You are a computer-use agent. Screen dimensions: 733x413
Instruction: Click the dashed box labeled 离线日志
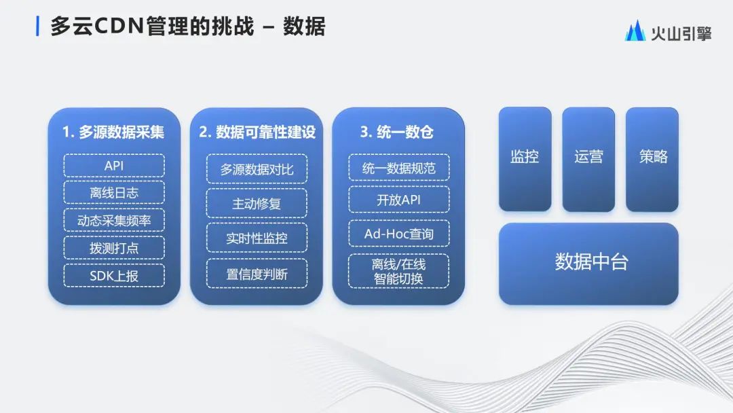click(x=114, y=193)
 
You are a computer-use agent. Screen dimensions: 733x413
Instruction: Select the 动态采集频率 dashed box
click(x=114, y=220)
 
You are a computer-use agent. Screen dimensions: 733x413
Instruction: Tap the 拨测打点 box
click(x=114, y=248)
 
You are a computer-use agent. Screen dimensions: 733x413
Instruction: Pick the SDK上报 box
click(x=114, y=276)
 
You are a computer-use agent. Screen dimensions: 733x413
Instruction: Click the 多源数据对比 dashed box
click(x=257, y=169)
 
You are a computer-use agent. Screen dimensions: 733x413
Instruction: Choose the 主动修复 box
click(x=257, y=204)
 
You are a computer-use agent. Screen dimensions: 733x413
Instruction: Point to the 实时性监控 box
click(x=257, y=238)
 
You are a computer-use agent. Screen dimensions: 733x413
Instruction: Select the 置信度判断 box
click(x=257, y=274)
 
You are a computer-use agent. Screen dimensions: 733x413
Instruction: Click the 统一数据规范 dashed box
click(x=399, y=168)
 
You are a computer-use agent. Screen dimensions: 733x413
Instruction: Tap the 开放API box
click(x=399, y=200)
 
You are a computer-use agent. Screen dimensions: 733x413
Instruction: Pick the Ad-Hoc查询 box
click(x=399, y=234)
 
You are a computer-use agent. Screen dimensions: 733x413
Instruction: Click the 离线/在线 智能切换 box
click(x=399, y=271)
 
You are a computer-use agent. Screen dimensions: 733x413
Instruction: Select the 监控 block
click(x=525, y=159)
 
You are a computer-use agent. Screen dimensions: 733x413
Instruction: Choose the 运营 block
click(x=588, y=159)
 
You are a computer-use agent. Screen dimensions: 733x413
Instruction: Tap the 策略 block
click(x=652, y=159)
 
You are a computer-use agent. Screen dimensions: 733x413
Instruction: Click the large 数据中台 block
click(x=588, y=264)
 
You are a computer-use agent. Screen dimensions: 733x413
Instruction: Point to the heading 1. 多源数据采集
click(x=113, y=132)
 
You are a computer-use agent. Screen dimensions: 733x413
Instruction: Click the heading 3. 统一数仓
click(x=397, y=132)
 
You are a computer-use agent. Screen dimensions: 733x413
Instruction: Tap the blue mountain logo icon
click(x=635, y=31)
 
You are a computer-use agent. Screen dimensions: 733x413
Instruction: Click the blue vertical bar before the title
click(x=37, y=26)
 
